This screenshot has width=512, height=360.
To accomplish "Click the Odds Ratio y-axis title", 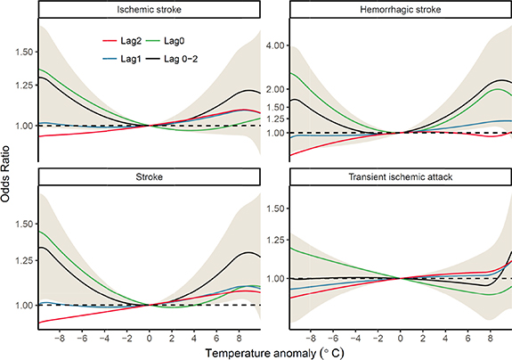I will coord(8,178).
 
